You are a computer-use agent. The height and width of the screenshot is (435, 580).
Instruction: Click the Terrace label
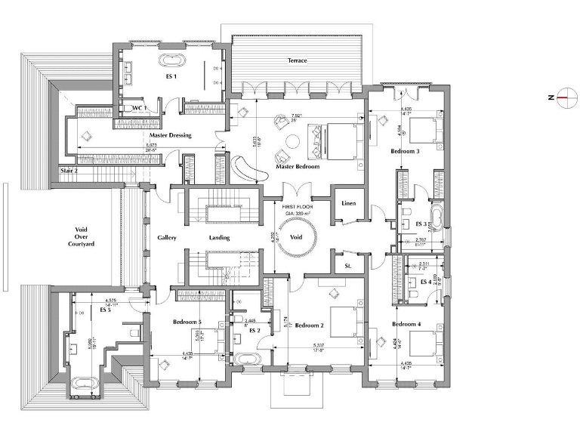pyautogui.click(x=297, y=60)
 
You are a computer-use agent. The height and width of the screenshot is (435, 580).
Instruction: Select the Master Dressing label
pyautogui.click(x=170, y=135)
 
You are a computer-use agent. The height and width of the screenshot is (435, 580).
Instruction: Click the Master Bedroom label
pyautogui.click(x=298, y=166)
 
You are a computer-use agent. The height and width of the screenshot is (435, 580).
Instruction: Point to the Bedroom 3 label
pyautogui.click(x=405, y=151)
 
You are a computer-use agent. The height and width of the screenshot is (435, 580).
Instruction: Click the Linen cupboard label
pyautogui.click(x=348, y=204)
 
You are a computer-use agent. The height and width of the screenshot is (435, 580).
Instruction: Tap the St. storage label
pyautogui.click(x=348, y=266)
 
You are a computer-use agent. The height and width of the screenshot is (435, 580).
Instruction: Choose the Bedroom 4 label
pyautogui.click(x=406, y=324)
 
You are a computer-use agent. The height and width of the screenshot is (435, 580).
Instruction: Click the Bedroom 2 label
pyautogui.click(x=310, y=325)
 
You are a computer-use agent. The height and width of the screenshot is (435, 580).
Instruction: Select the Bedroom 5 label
pyautogui.click(x=187, y=322)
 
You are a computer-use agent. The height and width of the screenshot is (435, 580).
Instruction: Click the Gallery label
pyautogui.click(x=167, y=237)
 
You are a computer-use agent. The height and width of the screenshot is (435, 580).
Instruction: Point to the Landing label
pyautogui.click(x=218, y=237)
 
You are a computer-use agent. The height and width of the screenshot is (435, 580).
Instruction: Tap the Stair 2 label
pyautogui.click(x=69, y=171)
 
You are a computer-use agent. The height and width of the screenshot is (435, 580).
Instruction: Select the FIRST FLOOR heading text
pyautogui.click(x=298, y=205)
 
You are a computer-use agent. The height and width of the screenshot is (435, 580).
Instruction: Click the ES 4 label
pyautogui.click(x=425, y=282)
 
